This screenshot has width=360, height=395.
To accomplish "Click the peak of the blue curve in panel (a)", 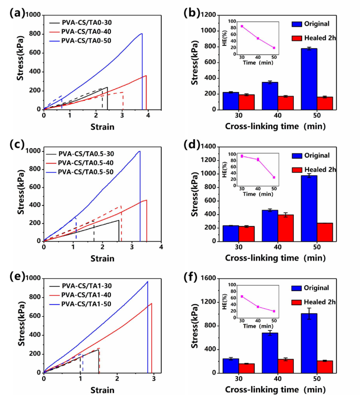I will [x=141, y=34].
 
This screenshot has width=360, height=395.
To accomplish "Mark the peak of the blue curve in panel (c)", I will [x=140, y=151].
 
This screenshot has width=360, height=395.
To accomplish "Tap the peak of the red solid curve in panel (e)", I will [x=151, y=303].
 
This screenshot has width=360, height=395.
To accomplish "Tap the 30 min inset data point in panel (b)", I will [x=242, y=26].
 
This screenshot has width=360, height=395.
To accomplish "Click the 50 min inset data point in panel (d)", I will [x=274, y=178].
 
